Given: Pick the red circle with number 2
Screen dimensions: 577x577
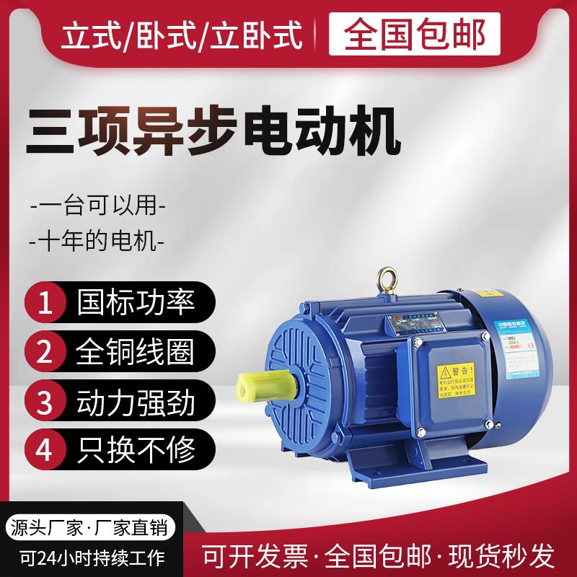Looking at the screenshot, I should point(45,353).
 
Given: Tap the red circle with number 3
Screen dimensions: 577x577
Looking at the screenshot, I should point(45,402).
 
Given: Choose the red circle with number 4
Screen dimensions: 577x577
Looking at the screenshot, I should point(45,450).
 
